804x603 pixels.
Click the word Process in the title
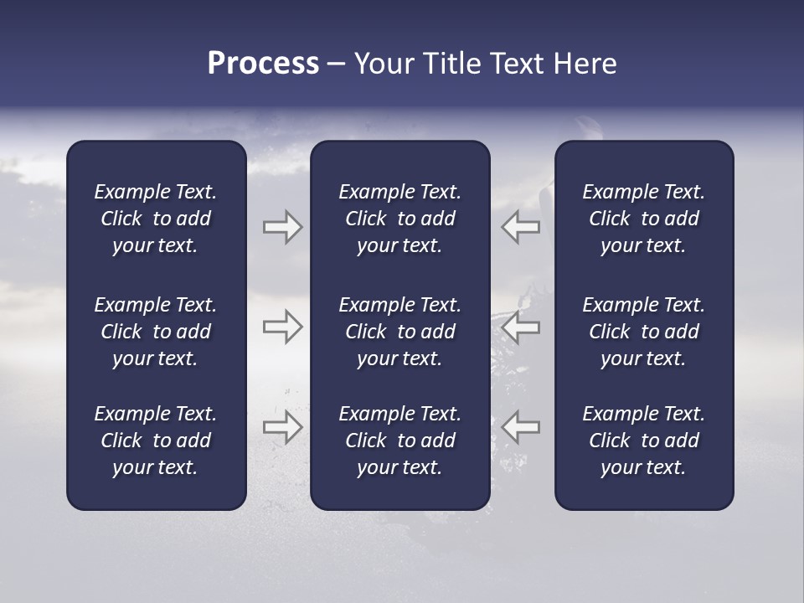point(263,64)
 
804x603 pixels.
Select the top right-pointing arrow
point(282,227)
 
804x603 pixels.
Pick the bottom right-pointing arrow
point(282,427)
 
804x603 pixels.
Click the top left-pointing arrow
point(521,227)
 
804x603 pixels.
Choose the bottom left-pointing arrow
point(521,427)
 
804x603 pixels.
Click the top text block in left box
point(156,219)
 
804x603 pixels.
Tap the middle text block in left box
point(156,332)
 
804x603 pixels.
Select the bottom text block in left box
point(156,441)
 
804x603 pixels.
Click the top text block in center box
point(400,219)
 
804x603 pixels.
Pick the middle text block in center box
point(400,332)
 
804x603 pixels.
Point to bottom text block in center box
point(400,441)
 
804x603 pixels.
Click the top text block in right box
point(644,219)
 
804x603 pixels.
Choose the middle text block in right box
point(644,332)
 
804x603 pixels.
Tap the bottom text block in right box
point(644,441)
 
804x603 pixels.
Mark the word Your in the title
point(384,64)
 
